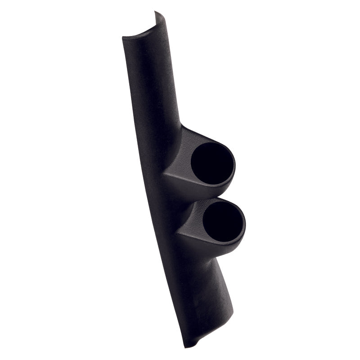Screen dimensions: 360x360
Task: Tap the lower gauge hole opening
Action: (223, 222)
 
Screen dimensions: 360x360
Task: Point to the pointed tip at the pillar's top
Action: (155, 13)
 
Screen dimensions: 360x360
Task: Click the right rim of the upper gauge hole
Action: (234, 166)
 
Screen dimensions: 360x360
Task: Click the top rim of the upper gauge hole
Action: (211, 143)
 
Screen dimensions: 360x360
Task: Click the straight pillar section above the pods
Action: (151, 81)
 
